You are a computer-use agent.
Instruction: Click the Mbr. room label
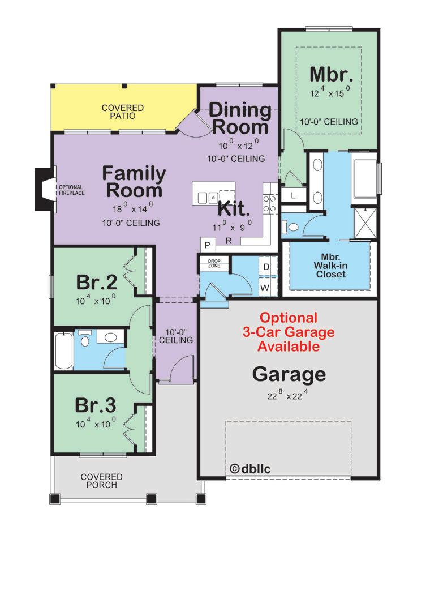[332, 74]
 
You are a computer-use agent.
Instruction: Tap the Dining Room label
[240, 118]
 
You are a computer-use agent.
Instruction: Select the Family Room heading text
[134, 182]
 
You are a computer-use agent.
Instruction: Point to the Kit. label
[234, 208]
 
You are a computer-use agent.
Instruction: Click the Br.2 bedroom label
[97, 282]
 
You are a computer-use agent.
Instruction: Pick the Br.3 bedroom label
[96, 405]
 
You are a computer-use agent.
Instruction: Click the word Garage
[289, 374]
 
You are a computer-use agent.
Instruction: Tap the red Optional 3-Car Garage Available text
[289, 332]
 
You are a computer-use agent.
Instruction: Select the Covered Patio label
[123, 112]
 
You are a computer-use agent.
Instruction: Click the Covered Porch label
[101, 481]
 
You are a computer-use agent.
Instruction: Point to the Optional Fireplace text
[71, 190]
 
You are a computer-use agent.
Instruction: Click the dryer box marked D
[266, 267]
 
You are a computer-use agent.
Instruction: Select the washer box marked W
[265, 288]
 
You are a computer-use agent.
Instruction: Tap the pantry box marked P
[208, 246]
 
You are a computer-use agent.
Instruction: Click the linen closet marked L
[293, 195]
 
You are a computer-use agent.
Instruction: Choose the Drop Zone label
[214, 263]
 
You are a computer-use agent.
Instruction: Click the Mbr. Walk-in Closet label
[330, 266]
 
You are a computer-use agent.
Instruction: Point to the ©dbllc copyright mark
[249, 468]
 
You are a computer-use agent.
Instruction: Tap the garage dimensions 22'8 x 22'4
[288, 395]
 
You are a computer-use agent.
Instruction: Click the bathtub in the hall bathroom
[64, 350]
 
